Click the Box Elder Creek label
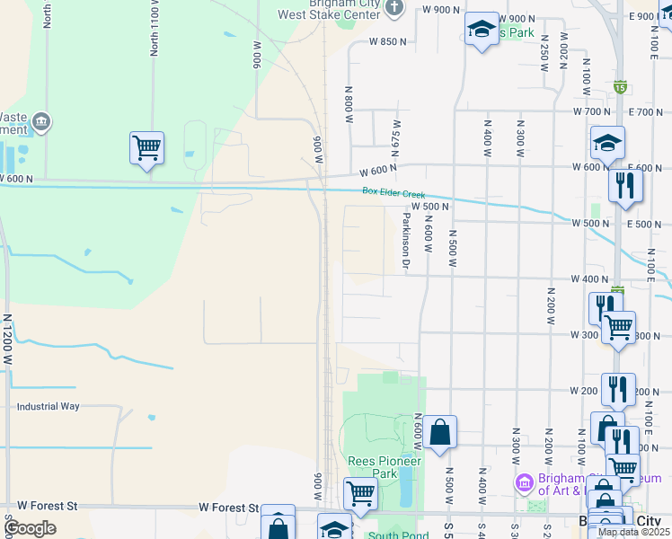(x=393, y=191)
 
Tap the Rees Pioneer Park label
(x=385, y=467)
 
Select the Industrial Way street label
(x=48, y=407)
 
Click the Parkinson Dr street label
(x=406, y=241)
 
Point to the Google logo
(x=29, y=528)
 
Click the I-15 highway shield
(x=620, y=86)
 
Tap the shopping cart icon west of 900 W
(x=146, y=146)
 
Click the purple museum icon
(x=524, y=483)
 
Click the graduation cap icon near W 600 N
(x=607, y=142)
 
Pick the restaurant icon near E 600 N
(x=624, y=185)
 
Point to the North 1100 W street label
(x=155, y=29)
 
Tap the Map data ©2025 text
(x=633, y=532)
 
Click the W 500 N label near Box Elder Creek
(x=430, y=207)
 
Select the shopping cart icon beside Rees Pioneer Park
(x=360, y=491)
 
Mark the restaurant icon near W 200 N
(x=617, y=389)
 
